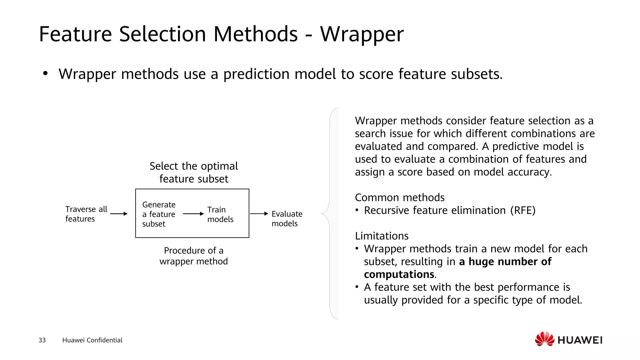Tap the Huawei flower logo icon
pyautogui.click(x=544, y=339)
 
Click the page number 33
pyautogui.click(x=42, y=340)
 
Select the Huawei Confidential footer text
pyautogui.click(x=92, y=340)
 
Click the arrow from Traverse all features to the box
pyautogui.click(x=119, y=214)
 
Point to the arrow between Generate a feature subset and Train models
pyautogui.click(x=193, y=214)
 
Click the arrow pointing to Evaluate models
pyautogui.click(x=259, y=214)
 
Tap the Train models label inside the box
pyautogui.click(x=220, y=214)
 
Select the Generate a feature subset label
pyautogui.click(x=159, y=214)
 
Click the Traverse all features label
pyautogui.click(x=86, y=214)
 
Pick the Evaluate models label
pyautogui.click(x=287, y=219)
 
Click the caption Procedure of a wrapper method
pyautogui.click(x=193, y=256)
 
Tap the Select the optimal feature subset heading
pyautogui.click(x=193, y=172)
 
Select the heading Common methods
pyautogui.click(x=399, y=197)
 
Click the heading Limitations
pyautogui.click(x=382, y=236)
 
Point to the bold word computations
pyautogui.click(x=399, y=274)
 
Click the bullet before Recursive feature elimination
pyautogui.click(x=357, y=210)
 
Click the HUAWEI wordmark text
pyautogui.click(x=580, y=340)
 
